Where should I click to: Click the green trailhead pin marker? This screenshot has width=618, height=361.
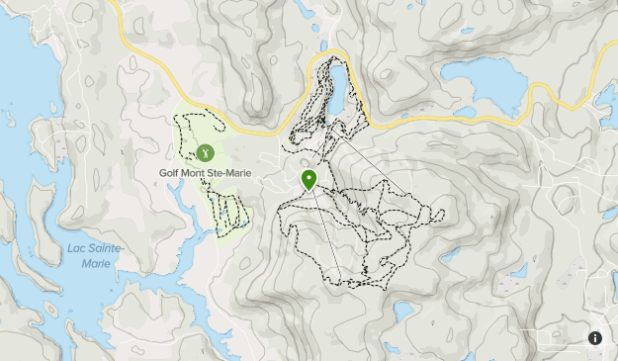pos(309,179)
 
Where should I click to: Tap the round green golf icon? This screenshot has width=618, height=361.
pos(205,153)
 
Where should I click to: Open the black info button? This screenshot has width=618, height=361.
pos(595,338)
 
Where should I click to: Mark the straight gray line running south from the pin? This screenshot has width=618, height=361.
pos(326,232)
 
